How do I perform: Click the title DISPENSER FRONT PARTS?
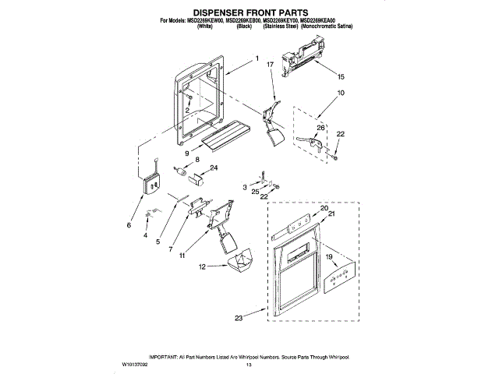coord(249,12)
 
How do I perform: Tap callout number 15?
coord(340,77)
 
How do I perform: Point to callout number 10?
coord(340,93)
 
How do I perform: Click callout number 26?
coord(320,128)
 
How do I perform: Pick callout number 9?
coord(186,153)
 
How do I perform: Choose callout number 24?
coord(214,168)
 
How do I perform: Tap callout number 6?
coord(129,225)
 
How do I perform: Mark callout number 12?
coord(202,266)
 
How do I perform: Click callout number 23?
coord(239,318)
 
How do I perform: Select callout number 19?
coord(328,256)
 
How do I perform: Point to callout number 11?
coord(182,255)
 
